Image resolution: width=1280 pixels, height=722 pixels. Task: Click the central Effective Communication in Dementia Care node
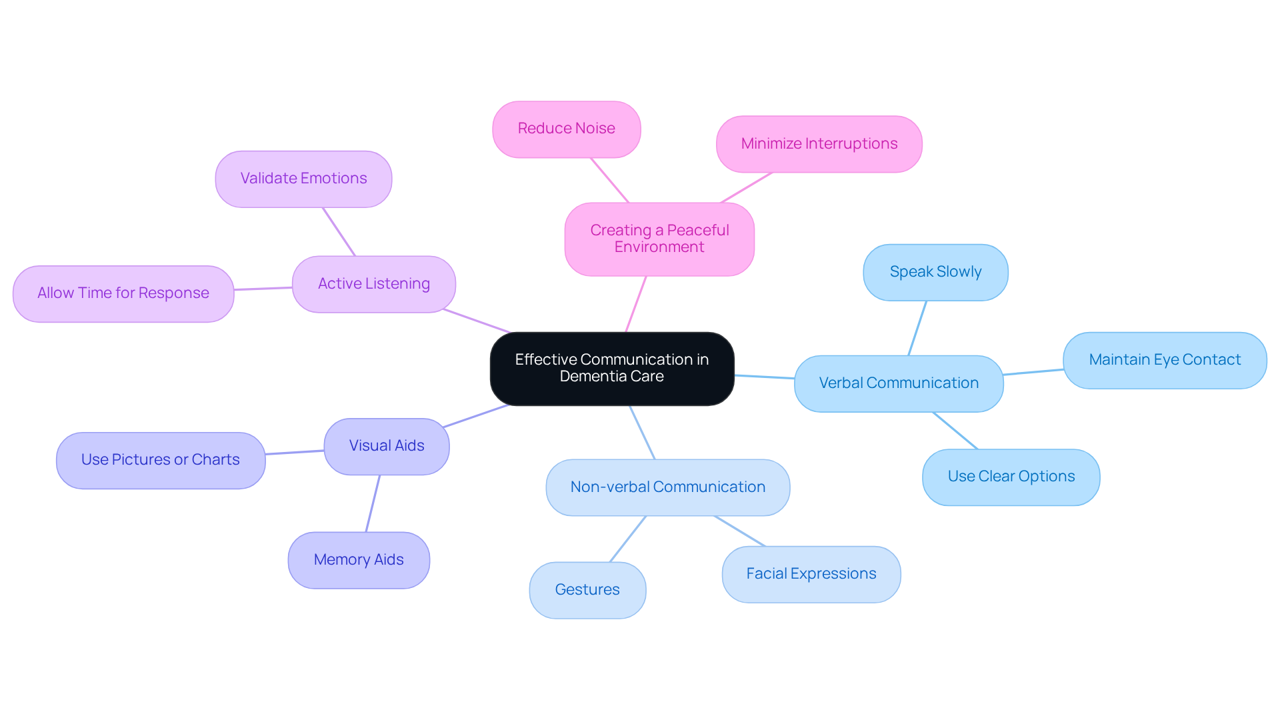click(612, 368)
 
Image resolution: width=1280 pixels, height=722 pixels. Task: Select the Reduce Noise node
click(566, 129)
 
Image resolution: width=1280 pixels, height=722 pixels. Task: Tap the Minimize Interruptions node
click(819, 144)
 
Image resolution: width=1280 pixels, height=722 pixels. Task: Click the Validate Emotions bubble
click(303, 179)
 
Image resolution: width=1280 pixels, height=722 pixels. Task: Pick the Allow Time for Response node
click(123, 293)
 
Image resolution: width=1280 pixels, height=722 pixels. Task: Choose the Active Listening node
click(373, 284)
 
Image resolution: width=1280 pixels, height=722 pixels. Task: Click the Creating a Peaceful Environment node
click(659, 239)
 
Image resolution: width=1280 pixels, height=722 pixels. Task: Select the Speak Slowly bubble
click(935, 272)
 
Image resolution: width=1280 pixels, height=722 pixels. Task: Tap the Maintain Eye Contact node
click(1164, 360)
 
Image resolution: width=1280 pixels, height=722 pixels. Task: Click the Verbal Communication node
click(898, 383)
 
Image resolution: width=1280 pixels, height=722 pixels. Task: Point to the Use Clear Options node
click(1011, 477)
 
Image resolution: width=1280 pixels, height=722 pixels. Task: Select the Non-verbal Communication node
click(667, 487)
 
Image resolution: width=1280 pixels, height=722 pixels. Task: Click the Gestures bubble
click(587, 590)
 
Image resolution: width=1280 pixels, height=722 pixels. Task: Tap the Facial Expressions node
click(811, 574)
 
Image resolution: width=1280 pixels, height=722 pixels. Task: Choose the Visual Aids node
click(386, 446)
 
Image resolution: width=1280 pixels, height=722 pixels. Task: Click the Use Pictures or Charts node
click(160, 460)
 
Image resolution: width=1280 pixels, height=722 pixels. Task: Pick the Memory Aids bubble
click(359, 560)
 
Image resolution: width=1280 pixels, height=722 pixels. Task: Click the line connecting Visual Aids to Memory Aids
click(373, 503)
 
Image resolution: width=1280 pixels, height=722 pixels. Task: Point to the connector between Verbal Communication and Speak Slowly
click(917, 328)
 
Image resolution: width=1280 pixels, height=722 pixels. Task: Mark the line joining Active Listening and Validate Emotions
click(339, 231)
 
